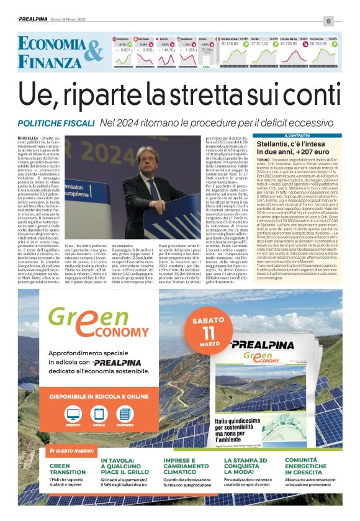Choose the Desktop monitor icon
click(73, 415)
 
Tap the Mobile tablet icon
click(99, 415)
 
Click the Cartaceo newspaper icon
click(125, 415)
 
